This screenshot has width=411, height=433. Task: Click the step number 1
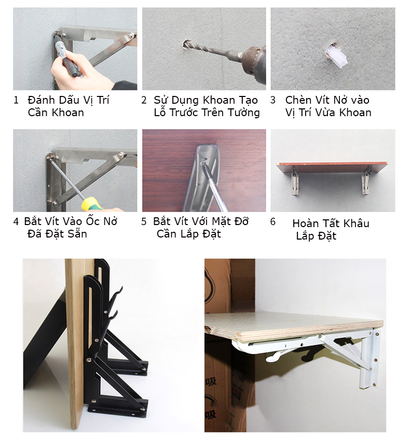[x=16, y=100]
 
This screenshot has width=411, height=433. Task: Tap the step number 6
[x=273, y=221]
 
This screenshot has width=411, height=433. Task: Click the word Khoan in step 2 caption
[x=218, y=100]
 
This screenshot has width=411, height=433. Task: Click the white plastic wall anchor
[x=336, y=57]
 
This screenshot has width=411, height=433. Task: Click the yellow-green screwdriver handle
[x=92, y=204]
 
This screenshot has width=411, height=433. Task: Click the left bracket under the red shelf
[x=295, y=181]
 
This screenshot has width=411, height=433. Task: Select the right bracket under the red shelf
[x=366, y=180]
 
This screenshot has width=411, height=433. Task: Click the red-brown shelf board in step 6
[x=332, y=167]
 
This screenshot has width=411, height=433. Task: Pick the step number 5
[x=144, y=221]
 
